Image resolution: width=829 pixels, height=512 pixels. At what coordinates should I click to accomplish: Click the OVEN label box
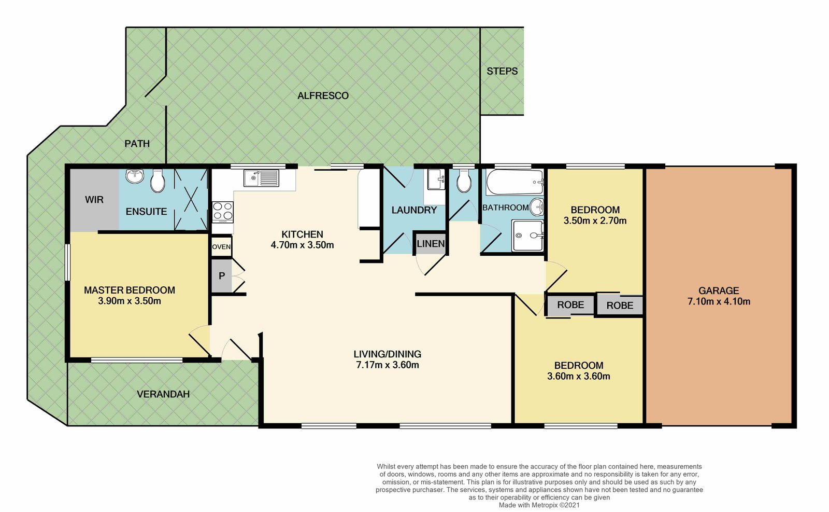(x=221, y=246)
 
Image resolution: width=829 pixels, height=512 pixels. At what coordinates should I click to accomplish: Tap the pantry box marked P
(x=222, y=275)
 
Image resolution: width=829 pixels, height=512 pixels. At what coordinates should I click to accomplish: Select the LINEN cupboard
(x=431, y=243)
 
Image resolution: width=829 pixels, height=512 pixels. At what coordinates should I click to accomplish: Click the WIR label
(x=94, y=200)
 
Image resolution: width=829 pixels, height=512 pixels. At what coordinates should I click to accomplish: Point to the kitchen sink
(x=261, y=178)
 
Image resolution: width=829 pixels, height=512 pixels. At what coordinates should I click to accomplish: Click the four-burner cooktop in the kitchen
(x=223, y=212)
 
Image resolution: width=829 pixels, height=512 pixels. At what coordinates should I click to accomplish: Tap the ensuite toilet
(x=158, y=181)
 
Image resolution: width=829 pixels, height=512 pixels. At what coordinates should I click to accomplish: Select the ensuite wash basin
(x=135, y=176)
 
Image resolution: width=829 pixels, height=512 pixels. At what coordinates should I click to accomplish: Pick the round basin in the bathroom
(x=537, y=207)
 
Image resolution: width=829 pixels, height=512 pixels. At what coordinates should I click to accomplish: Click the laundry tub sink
(x=436, y=179)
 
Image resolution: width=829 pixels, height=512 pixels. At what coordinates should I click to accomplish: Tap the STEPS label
(x=502, y=71)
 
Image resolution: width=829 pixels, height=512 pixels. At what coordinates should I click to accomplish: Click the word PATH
(x=137, y=143)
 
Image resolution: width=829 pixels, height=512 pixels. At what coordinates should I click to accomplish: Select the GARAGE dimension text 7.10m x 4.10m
(x=719, y=301)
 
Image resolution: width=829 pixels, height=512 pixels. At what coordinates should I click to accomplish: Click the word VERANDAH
(x=163, y=394)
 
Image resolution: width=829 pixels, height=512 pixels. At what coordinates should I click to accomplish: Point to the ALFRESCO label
(x=323, y=95)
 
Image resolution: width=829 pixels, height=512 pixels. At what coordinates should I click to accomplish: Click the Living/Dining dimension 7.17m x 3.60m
(x=388, y=365)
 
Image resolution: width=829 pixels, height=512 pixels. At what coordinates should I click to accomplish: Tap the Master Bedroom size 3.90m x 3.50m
(x=130, y=301)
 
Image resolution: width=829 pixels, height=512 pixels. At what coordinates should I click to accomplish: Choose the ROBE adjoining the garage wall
(x=620, y=305)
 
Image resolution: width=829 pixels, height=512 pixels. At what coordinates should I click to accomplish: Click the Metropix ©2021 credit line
(x=539, y=505)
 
